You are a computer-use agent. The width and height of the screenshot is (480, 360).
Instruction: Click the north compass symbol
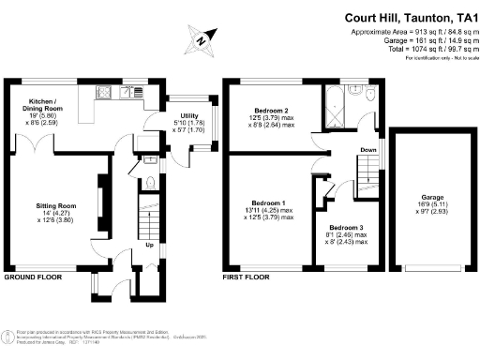coord(199,40)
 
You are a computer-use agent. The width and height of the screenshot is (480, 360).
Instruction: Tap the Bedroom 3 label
coord(346,228)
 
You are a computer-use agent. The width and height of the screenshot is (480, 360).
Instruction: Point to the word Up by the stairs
coord(149,246)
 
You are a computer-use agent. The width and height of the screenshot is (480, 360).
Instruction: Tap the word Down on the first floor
coord(369,150)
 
